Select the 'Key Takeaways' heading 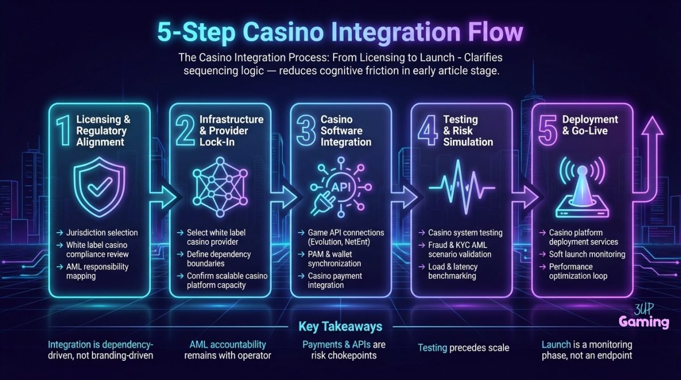(x=340, y=327)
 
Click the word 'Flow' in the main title (x=493, y=32)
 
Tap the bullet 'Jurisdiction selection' (x=105, y=233)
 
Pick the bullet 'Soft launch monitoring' (x=586, y=254)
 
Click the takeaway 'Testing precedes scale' (x=463, y=348)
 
